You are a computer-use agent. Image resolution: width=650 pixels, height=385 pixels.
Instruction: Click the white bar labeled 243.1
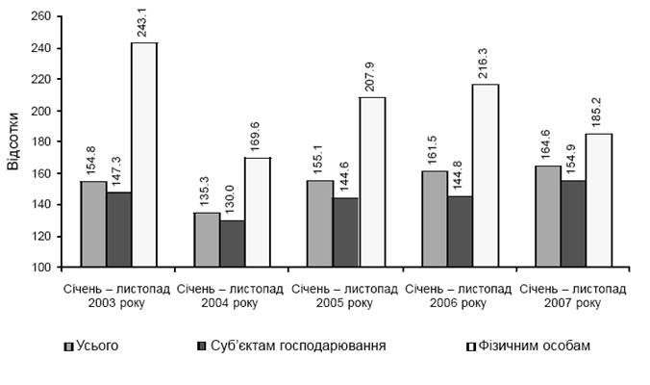coord(143,154)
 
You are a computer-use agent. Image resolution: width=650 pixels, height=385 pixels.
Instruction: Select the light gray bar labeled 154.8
coord(93,223)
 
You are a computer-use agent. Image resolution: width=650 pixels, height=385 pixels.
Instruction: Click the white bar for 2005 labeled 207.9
coord(371,182)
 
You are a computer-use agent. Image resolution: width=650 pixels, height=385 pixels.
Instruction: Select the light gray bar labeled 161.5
coord(435,218)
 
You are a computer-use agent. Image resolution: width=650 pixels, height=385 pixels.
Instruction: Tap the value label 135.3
coord(207,192)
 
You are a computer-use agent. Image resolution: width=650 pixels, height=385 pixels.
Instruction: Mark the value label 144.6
coord(345,178)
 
